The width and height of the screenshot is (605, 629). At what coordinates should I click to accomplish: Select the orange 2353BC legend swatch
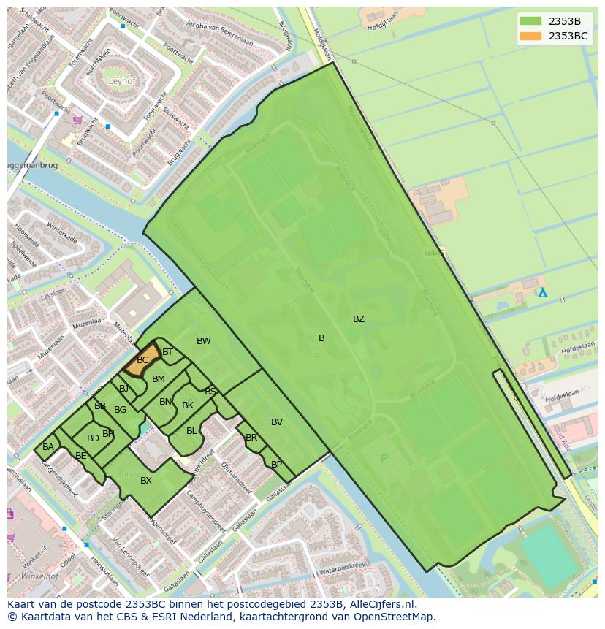pos(531,36)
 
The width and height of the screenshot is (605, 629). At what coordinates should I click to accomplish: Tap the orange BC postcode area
pos(142,359)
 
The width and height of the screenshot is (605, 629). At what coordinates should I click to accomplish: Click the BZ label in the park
pos(358,319)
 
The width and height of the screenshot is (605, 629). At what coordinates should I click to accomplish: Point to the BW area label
pos(203,341)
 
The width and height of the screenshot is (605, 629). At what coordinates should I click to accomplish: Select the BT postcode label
pos(167,352)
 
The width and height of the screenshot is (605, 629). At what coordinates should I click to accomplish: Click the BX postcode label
pos(146,480)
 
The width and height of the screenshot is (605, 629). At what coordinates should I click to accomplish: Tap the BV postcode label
pos(276,422)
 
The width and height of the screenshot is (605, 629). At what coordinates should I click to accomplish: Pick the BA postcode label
pos(48,447)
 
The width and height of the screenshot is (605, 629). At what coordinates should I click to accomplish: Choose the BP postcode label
pos(276,465)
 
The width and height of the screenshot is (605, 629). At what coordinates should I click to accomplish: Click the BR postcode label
pos(251,438)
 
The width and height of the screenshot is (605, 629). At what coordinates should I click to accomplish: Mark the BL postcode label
pos(191,431)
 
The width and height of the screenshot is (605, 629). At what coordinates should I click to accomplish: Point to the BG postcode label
pos(120,410)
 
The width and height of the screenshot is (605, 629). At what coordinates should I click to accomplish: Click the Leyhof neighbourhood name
pos(121,81)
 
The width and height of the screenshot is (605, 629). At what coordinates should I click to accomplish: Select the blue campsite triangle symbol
pos(542,292)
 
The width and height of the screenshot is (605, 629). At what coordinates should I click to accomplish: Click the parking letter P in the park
pos(384,459)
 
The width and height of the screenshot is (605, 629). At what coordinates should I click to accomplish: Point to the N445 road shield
pos(436,252)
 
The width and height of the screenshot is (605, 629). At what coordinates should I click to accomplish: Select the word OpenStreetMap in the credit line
pos(394,617)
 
